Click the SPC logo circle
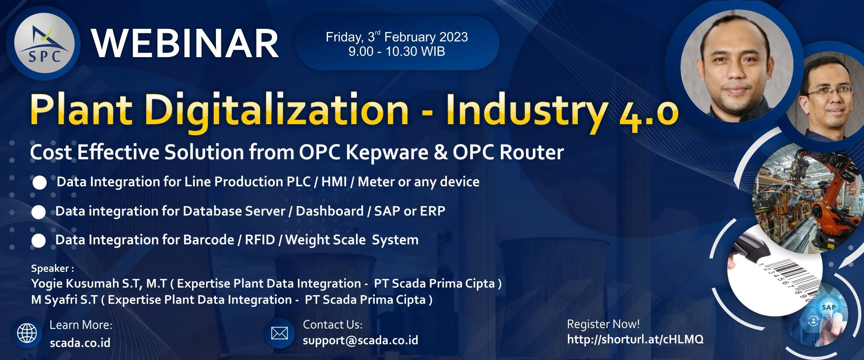pyautogui.click(x=43, y=44)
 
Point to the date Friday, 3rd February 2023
pyautogui.click(x=396, y=36)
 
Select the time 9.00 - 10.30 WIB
pyautogui.click(x=396, y=51)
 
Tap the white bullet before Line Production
pyautogui.click(x=40, y=183)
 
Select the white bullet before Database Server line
pyautogui.click(x=39, y=212)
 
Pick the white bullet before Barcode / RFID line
pyautogui.click(x=39, y=241)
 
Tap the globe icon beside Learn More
pyautogui.click(x=27, y=333)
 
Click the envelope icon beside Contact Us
pyautogui.click(x=279, y=333)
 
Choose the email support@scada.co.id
pyautogui.click(x=360, y=340)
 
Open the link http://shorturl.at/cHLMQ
pyautogui.click(x=635, y=339)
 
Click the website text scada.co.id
pyautogui.click(x=80, y=343)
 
